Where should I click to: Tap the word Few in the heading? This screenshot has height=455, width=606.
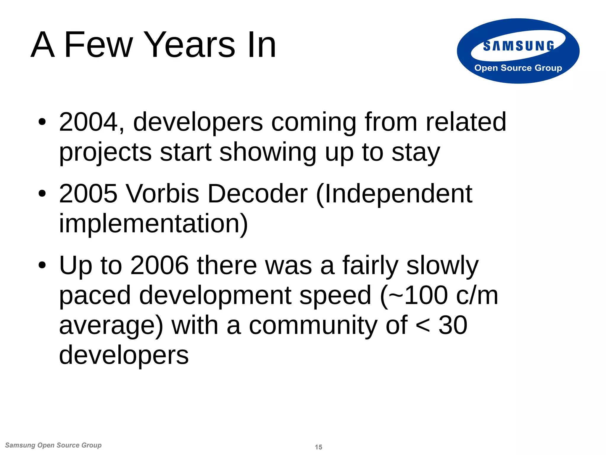coord(99,45)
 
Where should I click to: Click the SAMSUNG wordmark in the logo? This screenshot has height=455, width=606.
coord(518,46)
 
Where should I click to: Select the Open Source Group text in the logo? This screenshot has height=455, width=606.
coord(518,68)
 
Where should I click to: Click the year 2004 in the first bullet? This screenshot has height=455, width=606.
coord(88,122)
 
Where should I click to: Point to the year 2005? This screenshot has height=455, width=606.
coord(88,194)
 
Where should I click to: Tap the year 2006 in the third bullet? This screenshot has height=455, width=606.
coord(159,265)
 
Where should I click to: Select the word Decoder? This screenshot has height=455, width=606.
coord(258,194)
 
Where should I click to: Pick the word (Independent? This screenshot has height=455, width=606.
coord(394,194)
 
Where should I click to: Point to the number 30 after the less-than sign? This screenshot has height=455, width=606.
coord(453,326)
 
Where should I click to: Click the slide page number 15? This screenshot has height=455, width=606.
coord(318,447)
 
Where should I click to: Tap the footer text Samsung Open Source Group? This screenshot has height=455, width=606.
coord(53,445)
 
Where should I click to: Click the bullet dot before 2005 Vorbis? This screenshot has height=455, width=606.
coord(42,194)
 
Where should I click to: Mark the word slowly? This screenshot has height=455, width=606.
coord(442,265)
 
